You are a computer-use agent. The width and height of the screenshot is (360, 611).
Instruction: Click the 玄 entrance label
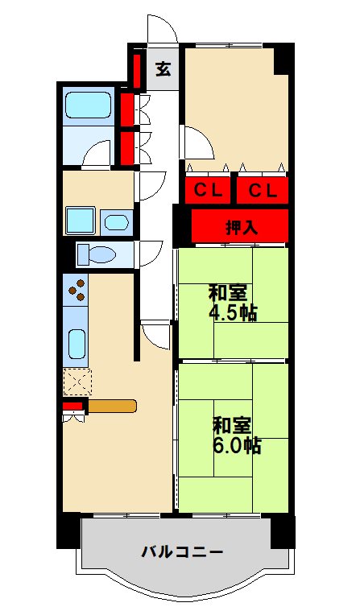pos(163,69)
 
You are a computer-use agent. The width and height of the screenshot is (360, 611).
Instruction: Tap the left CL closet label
pos(208,190)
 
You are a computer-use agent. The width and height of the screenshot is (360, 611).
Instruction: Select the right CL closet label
pos(262,190)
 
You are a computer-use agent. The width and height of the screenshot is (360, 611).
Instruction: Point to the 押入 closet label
pos(240,227)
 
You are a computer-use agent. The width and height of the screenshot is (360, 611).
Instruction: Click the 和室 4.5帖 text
pos(232,303)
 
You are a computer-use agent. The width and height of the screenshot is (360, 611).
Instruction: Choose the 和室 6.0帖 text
pos(235,435)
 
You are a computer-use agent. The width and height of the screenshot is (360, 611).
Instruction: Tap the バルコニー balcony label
pos(182,552)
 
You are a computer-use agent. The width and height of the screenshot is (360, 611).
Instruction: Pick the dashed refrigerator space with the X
pos(78,380)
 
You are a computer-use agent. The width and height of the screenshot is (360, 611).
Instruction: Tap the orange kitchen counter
pos(112,406)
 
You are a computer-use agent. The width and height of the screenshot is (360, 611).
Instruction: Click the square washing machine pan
pos(81,220)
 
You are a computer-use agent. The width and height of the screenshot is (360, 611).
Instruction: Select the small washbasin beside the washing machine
pos(118,222)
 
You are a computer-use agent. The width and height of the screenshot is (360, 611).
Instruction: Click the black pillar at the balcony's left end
pos(68,531)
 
